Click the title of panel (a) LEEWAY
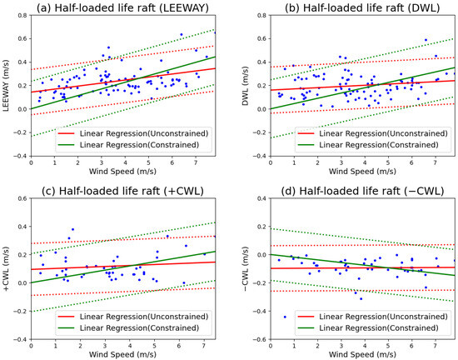click(x=122, y=8)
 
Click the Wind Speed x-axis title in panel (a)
click(x=122, y=172)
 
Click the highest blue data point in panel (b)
click(x=426, y=40)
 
